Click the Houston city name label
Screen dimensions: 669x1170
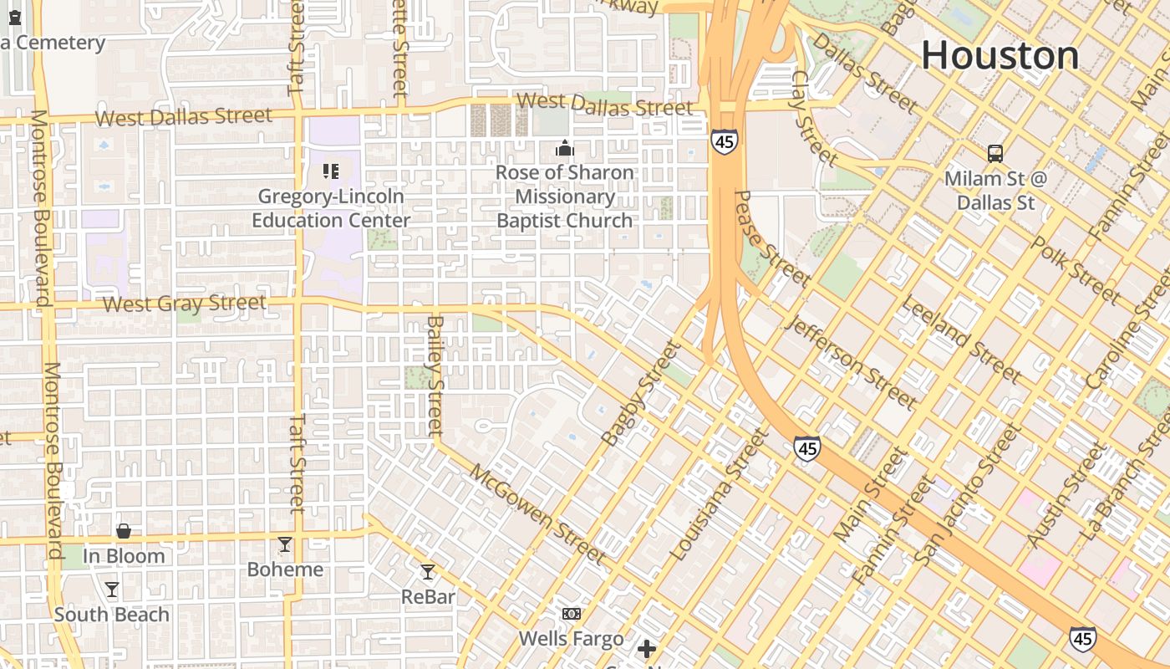click(1000, 56)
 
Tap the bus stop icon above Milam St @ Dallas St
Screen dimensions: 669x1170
click(994, 154)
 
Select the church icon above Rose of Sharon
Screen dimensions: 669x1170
click(565, 149)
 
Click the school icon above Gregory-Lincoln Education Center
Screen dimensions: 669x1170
click(331, 171)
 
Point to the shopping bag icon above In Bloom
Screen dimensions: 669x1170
click(124, 531)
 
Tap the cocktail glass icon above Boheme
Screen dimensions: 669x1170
click(285, 544)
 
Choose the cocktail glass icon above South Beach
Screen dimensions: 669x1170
click(112, 590)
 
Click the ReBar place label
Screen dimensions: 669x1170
click(428, 596)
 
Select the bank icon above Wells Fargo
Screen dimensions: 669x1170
click(572, 614)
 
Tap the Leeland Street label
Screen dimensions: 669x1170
click(959, 339)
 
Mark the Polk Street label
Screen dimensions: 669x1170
click(1076, 269)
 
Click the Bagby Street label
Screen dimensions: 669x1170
click(641, 393)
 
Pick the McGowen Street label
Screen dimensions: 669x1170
click(537, 513)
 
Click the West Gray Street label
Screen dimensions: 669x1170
click(185, 304)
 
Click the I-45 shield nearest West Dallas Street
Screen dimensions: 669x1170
click(725, 141)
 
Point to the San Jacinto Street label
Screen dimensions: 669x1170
click(968, 493)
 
